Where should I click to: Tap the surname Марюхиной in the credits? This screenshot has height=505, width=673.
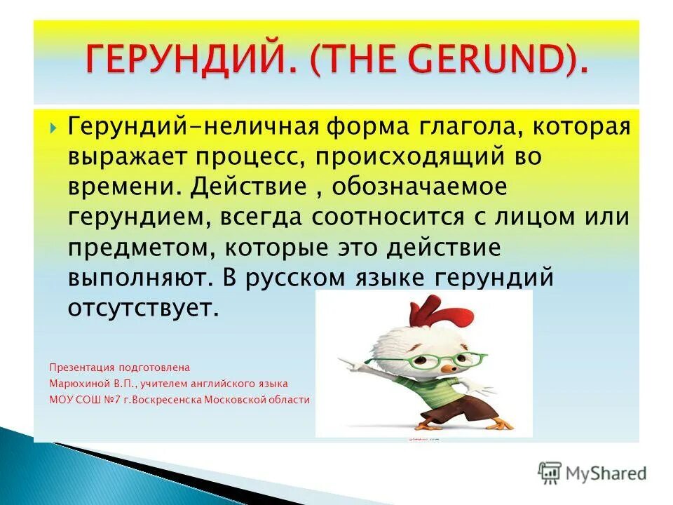coord(78,384)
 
